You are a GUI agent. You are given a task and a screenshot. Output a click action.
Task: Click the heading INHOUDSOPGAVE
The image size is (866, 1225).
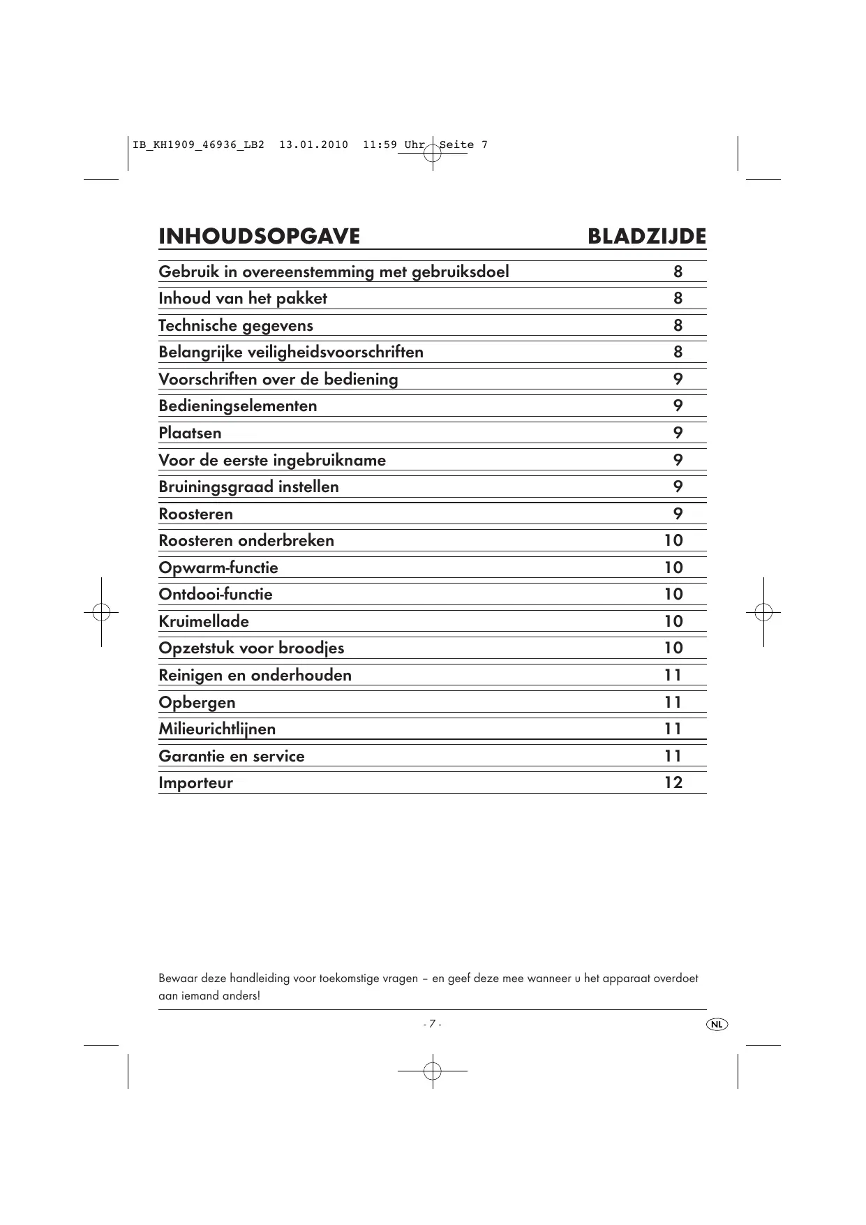(x=259, y=237)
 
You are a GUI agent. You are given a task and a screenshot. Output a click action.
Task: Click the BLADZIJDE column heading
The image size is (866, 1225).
(x=646, y=237)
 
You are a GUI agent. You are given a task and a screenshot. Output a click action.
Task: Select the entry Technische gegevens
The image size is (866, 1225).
(x=236, y=325)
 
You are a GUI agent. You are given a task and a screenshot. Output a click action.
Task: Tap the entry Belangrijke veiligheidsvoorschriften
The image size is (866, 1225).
(x=291, y=352)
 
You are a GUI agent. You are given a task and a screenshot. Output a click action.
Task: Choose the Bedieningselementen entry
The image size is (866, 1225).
(x=238, y=406)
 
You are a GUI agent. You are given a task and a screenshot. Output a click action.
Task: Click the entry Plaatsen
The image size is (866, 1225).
(x=190, y=433)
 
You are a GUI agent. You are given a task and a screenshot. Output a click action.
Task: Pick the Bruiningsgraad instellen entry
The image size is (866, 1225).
(x=248, y=487)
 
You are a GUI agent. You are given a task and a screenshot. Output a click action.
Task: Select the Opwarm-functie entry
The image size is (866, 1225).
(x=218, y=567)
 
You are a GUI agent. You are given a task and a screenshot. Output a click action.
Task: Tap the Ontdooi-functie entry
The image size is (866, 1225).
(x=216, y=594)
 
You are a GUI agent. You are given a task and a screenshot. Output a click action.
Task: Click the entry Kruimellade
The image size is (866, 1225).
(x=204, y=621)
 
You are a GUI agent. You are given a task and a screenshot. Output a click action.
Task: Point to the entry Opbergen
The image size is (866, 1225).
(x=197, y=702)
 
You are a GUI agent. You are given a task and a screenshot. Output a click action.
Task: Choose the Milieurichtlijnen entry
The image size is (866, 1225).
(x=217, y=729)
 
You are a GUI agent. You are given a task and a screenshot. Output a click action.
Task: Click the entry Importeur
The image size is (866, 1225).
(x=195, y=782)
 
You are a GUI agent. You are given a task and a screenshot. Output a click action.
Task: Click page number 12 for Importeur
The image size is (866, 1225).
(x=673, y=782)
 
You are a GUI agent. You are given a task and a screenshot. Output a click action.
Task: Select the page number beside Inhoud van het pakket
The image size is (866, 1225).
(x=678, y=298)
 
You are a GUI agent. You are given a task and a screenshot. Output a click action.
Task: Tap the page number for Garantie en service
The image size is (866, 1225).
(x=673, y=756)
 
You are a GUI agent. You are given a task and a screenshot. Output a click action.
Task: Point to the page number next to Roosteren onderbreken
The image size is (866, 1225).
(x=673, y=540)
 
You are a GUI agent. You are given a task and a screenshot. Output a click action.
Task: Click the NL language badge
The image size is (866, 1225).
(x=717, y=1024)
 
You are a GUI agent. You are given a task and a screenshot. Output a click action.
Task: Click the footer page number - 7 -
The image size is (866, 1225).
(x=432, y=1024)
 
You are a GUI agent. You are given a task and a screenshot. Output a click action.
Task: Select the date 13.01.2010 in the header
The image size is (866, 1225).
(x=313, y=145)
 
